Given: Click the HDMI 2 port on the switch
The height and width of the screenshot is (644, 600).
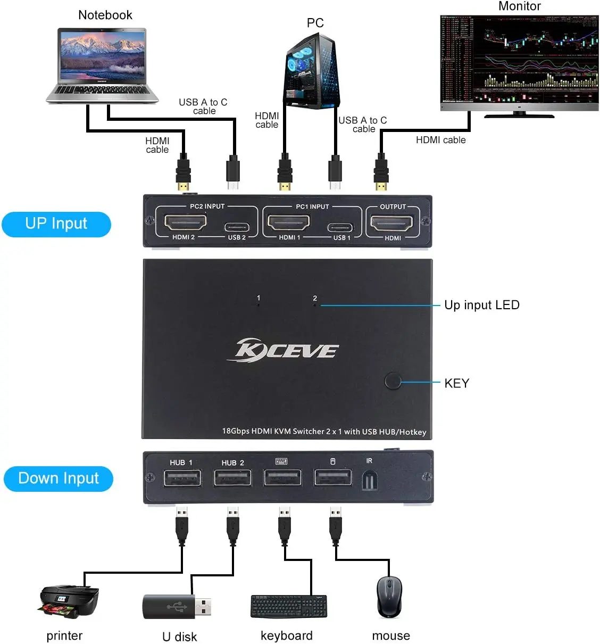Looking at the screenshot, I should (185, 222).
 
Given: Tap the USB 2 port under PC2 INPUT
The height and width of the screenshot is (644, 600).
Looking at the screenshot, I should (236, 227).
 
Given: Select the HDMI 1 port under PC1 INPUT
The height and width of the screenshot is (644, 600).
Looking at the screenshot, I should (288, 222).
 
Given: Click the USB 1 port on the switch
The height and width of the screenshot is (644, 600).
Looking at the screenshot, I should (340, 227).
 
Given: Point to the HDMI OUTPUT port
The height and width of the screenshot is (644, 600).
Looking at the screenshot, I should (391, 223).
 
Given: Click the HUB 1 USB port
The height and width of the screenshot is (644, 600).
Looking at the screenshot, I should (182, 478).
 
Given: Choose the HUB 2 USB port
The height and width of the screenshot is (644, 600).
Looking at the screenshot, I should (232, 478).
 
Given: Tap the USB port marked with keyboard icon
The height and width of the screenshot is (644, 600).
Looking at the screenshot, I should (282, 477).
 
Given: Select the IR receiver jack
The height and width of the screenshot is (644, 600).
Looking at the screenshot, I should (370, 481).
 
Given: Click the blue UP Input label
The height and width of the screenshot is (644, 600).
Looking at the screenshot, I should (56, 224).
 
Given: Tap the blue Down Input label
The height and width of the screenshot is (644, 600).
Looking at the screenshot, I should (59, 478).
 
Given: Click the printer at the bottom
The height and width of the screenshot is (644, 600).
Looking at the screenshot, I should (69, 601).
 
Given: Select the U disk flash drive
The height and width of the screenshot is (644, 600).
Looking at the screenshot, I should (177, 607).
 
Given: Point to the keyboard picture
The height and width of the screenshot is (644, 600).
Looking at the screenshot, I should (289, 607).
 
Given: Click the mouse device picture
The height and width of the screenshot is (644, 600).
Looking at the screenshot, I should (389, 597).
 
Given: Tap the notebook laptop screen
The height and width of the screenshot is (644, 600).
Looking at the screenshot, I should (103, 55).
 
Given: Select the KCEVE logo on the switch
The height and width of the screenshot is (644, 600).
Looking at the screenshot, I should (287, 350).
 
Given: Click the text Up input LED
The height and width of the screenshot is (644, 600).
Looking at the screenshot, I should (481, 305).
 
